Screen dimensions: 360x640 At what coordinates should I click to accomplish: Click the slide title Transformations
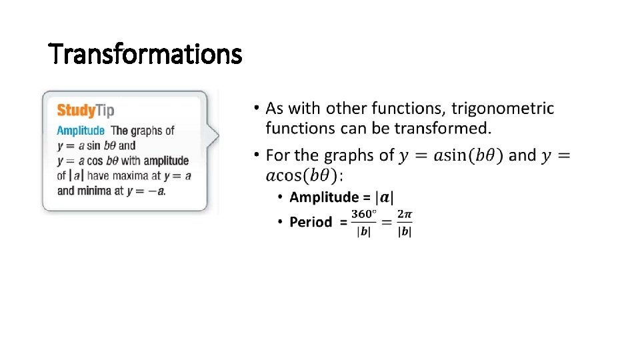145,53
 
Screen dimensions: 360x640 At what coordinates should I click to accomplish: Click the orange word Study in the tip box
75,111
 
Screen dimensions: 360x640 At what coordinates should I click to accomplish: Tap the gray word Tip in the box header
105,111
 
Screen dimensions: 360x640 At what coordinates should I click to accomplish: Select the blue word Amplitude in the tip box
81,131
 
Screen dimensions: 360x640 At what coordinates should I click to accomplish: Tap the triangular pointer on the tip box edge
213,137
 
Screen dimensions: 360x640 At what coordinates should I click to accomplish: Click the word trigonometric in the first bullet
503,108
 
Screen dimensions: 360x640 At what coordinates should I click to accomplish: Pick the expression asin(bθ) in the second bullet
469,156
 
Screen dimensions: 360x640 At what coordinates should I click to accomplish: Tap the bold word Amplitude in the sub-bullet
324,197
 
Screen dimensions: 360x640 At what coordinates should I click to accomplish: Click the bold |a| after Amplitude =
385,197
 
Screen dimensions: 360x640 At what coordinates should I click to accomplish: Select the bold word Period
311,222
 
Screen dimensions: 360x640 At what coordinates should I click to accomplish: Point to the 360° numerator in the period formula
364,214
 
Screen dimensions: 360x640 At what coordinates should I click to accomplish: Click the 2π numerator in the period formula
405,214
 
